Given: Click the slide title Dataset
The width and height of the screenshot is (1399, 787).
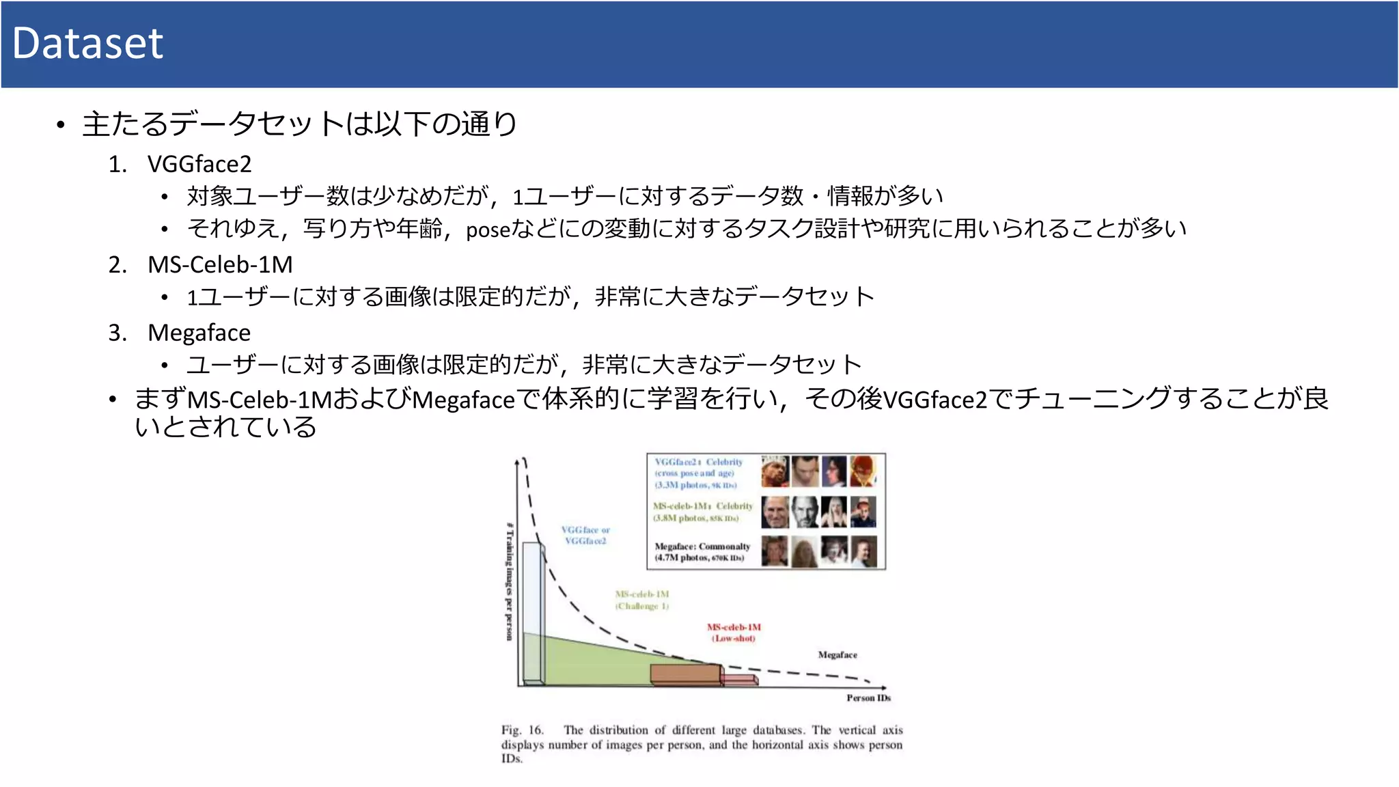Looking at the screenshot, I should pos(87,43).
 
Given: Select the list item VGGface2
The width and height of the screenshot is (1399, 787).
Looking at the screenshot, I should pos(199,164).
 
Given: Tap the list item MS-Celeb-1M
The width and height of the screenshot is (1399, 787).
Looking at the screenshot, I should pos(220,264).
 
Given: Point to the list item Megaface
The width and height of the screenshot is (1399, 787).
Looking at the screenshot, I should pos(199,333).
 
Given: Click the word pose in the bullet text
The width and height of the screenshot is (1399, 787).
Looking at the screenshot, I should pos(488,230).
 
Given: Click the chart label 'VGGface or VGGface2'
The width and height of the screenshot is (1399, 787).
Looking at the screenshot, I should pos(585,535).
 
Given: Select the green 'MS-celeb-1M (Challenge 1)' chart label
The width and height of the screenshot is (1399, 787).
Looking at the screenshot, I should pos(642,600).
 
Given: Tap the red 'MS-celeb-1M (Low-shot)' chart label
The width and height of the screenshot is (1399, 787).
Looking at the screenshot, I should pos(734,633).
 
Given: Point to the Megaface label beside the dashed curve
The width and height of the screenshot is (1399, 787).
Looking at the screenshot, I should pos(837,654).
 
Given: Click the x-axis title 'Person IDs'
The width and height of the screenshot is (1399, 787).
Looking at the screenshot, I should pos(868,698).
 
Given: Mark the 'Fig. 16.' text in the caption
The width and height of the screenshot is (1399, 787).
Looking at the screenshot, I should pos(522,730).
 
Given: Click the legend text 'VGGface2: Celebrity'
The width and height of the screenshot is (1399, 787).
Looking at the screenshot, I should pos(698,462).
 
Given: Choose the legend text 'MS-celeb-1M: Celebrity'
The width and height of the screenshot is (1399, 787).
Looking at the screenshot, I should pos(702,506).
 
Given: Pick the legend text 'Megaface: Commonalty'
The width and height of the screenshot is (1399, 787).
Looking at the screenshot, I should pos(702,547).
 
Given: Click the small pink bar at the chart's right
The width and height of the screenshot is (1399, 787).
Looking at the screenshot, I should pos(740,680).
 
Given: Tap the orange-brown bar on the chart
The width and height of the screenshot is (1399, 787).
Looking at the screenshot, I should pos(685,674).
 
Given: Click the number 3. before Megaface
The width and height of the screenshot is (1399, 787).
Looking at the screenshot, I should pos(117,333).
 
